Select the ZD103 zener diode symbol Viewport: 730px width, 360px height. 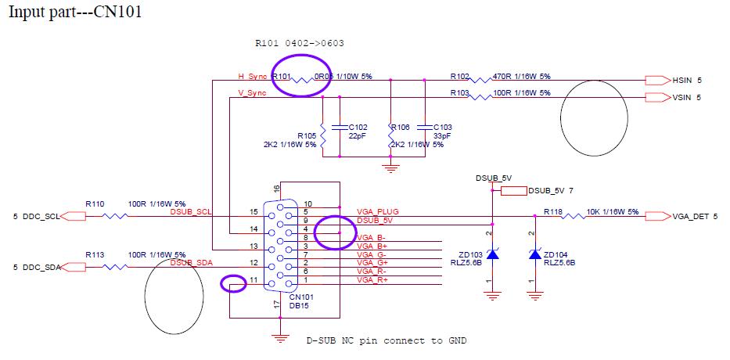click(492, 254)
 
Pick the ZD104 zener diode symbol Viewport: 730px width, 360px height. click(534, 254)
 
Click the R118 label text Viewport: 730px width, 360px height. click(553, 211)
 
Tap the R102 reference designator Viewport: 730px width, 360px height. click(459, 77)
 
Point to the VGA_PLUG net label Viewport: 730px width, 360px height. click(377, 212)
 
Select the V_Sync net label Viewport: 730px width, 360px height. click(252, 93)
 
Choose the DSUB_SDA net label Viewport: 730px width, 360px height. click(190, 262)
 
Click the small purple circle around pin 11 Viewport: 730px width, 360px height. click(233, 283)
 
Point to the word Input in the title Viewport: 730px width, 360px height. click(27, 14)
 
